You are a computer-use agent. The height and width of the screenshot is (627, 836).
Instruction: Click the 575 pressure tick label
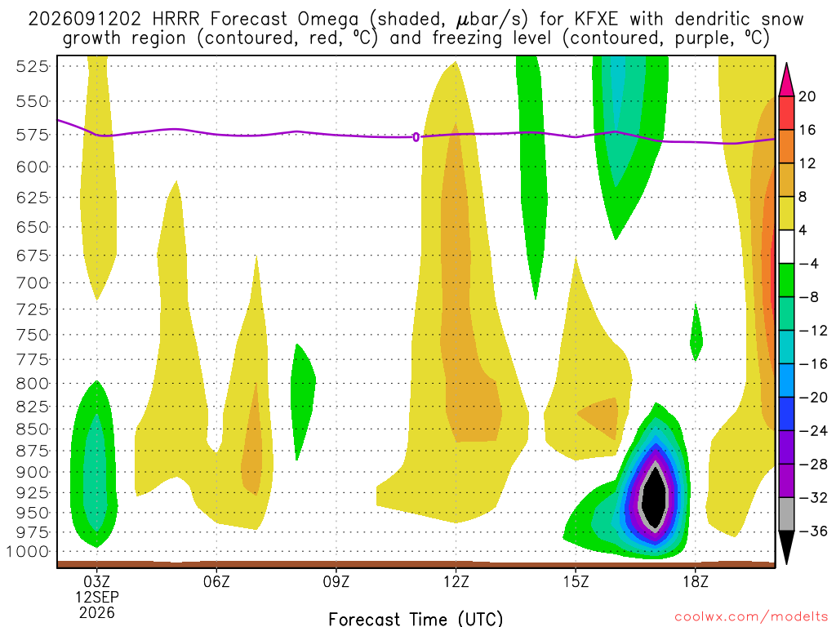(x=33, y=135)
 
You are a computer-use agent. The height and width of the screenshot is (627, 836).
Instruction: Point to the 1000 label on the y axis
(x=28, y=552)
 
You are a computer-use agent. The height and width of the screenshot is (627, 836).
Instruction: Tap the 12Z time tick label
(x=456, y=581)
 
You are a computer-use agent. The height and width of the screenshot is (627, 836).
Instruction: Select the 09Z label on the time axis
(x=336, y=581)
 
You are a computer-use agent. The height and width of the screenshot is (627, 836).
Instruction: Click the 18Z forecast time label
(x=696, y=581)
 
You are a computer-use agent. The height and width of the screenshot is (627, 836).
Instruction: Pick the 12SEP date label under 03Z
(x=96, y=597)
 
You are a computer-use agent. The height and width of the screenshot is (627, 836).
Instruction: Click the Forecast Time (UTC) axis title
(x=416, y=619)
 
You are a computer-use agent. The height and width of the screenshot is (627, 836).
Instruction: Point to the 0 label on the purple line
(x=416, y=137)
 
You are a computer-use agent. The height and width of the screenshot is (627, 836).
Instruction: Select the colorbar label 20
(x=807, y=96)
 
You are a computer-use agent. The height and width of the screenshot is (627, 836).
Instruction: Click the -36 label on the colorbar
(x=812, y=531)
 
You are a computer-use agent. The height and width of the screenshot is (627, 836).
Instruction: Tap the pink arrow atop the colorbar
(x=786, y=80)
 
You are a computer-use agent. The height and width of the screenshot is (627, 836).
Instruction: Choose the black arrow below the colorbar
(x=786, y=547)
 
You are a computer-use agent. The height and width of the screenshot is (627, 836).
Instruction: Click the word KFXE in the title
(x=597, y=20)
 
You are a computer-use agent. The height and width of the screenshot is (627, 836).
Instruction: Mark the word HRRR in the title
(x=176, y=20)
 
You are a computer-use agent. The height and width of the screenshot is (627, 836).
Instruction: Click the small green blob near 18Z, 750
(x=696, y=332)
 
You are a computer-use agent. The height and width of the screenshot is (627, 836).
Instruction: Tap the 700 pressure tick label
(x=33, y=282)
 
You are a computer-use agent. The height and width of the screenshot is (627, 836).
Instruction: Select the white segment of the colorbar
(x=786, y=247)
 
